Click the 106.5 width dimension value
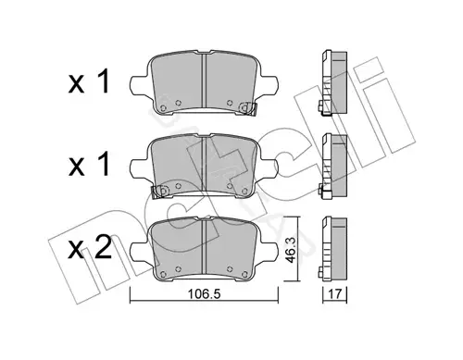pos(204,294)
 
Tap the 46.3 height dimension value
pos(291,250)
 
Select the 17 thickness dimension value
pos(335,294)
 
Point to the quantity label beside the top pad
pos(89,81)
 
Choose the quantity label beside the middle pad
pos(89,164)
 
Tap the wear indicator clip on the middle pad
pos(160,192)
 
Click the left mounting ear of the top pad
pos(141,86)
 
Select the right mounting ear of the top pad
pos(268,86)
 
